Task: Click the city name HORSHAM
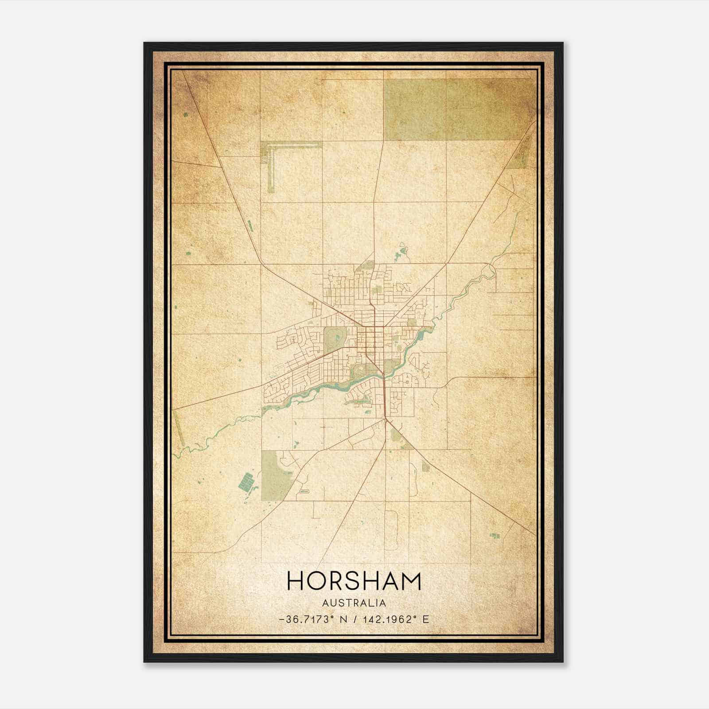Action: [354, 581]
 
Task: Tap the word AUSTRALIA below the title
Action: [354, 603]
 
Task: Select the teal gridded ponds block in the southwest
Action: [246, 481]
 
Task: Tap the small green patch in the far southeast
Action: [495, 536]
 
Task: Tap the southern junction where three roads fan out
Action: [386, 419]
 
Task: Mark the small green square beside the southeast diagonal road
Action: [426, 467]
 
